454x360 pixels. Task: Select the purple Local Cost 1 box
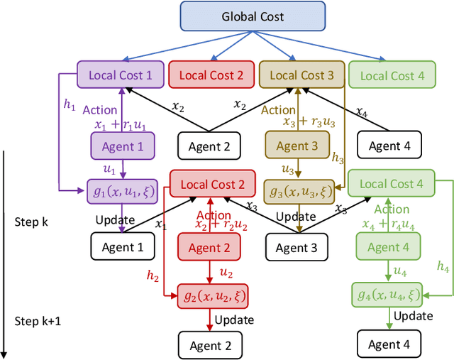(x=120, y=75)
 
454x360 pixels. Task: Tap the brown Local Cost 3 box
(x=301, y=75)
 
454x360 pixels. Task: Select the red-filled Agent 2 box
(x=209, y=248)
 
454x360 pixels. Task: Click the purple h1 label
(x=69, y=104)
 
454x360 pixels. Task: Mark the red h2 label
(x=153, y=274)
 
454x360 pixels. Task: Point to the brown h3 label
(x=338, y=160)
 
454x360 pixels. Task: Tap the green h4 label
(x=443, y=268)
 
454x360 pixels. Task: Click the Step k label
(x=31, y=222)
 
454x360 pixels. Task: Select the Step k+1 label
(x=37, y=321)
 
